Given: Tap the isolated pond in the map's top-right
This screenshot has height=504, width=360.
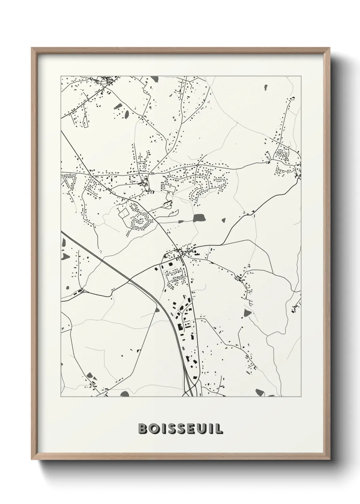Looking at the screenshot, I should tap(264, 87).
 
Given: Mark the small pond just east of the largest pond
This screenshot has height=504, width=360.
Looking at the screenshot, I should tap(224, 220).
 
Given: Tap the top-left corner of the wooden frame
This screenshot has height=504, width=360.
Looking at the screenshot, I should tap(32, 48).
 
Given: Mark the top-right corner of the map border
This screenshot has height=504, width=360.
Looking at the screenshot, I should tap(301, 76).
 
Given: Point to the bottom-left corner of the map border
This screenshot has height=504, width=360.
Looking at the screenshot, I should tap(61, 397).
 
